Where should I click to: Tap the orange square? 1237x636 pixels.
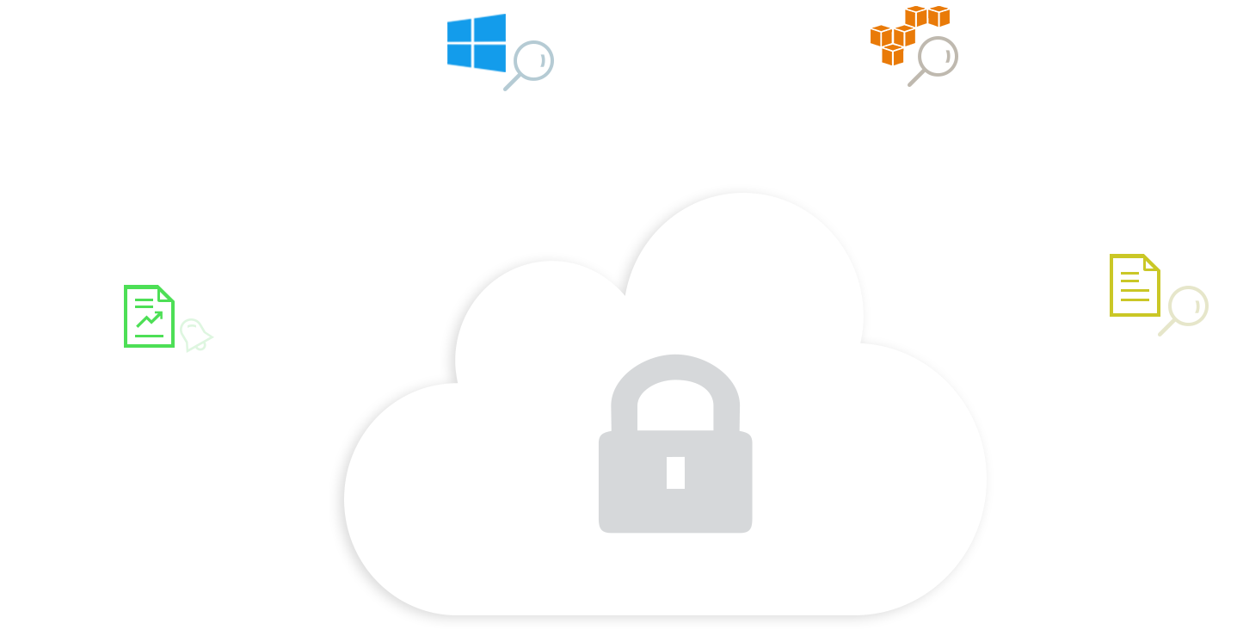click(912, 22)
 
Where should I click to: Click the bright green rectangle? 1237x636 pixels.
click(149, 316)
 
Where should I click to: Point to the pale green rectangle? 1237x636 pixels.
click(198, 339)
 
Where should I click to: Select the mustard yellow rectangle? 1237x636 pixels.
click(1132, 283)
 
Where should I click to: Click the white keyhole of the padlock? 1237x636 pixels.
click(675, 472)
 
